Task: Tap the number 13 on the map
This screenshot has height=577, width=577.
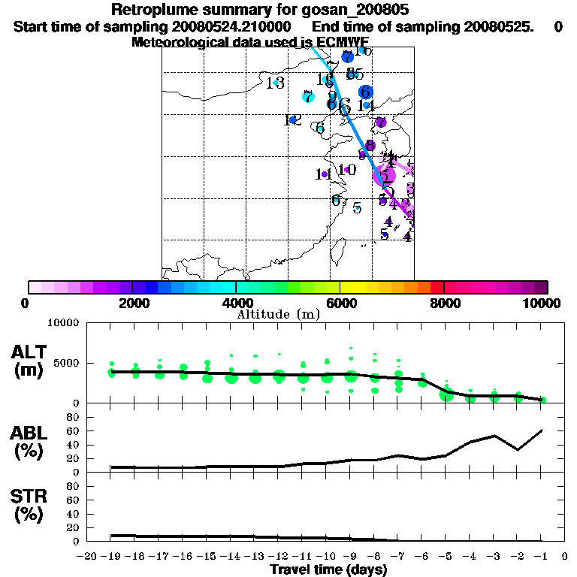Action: (275, 83)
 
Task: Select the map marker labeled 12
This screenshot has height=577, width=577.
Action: (292, 120)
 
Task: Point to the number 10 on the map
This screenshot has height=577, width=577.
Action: (346, 170)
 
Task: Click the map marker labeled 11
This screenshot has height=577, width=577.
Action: (324, 174)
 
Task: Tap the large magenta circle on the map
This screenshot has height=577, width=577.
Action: (384, 177)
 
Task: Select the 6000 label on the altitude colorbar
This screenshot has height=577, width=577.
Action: (341, 303)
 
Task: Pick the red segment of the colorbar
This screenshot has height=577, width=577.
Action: (437, 287)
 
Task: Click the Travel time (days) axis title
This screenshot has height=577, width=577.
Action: (328, 569)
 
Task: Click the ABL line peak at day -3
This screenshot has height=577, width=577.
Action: (494, 436)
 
